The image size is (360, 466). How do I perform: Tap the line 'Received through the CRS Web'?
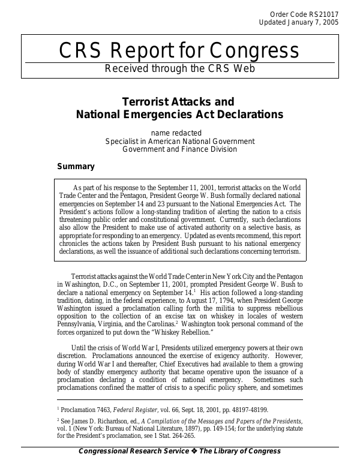tap(180, 68)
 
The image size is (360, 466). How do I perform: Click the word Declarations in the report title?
tap(246, 113)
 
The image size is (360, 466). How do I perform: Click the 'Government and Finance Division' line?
tap(180, 149)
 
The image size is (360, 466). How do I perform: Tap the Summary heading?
tap(76, 166)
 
